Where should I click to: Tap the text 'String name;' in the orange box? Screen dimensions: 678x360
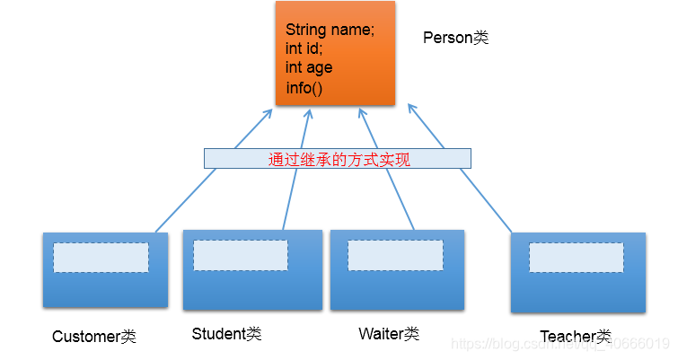tap(330, 31)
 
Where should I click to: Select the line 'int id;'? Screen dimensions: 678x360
tap(304, 48)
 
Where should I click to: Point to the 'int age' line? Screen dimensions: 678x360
tap(309, 67)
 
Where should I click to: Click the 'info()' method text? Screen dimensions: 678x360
tap(304, 87)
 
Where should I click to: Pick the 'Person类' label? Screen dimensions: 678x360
tap(455, 38)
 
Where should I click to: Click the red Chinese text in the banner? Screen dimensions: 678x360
tap(338, 159)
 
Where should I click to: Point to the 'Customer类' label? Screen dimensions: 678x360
tap(94, 337)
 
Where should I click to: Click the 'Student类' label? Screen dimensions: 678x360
tap(226, 334)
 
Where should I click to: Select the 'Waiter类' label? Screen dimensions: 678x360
tap(389, 334)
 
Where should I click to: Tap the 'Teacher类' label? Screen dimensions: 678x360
tap(576, 337)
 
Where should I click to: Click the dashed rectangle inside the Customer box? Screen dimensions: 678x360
tap(101, 258)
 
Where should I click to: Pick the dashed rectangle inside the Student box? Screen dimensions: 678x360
tap(241, 255)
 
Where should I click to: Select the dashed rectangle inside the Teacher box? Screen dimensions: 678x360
tap(576, 259)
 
